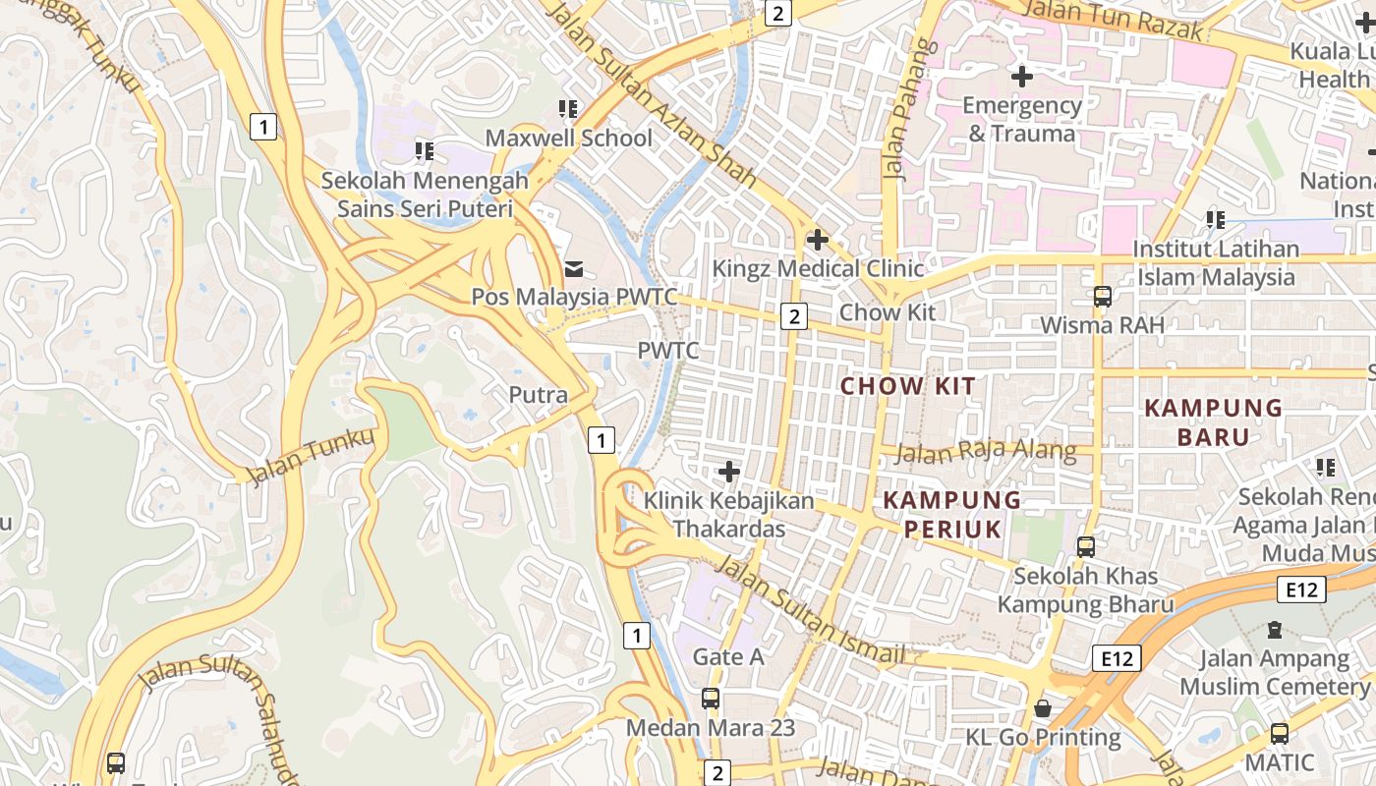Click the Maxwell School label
(x=568, y=139)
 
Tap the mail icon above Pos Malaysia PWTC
(x=574, y=268)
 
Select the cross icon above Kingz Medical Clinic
(x=817, y=239)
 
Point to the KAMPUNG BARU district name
(x=1213, y=422)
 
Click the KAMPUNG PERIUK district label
(x=951, y=515)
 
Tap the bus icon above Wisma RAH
(x=1102, y=297)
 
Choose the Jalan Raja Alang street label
(x=987, y=452)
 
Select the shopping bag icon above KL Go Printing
(x=1043, y=708)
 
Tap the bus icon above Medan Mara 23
(x=710, y=700)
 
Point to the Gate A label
(x=728, y=656)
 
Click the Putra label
(x=538, y=395)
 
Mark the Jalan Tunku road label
(x=311, y=457)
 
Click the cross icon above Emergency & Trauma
(x=1021, y=76)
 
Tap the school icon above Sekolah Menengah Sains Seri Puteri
(x=425, y=151)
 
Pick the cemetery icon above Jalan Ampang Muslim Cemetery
(x=1275, y=629)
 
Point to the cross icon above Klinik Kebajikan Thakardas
(x=728, y=472)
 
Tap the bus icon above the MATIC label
(x=1279, y=733)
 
